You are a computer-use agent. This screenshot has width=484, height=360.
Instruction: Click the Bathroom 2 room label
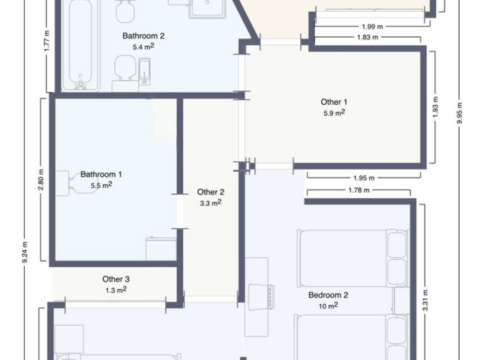pos(144,36)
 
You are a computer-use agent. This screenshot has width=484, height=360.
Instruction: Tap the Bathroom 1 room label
pos(102,174)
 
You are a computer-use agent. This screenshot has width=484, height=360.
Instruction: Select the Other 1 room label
pos(334,101)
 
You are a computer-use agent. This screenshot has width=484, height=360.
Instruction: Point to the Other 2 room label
pos(211,192)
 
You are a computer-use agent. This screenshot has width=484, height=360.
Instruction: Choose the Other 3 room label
pos(116,279)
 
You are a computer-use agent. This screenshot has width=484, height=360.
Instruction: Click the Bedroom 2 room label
pos(328,295)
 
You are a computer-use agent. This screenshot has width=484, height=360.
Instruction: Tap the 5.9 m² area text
pos(334,113)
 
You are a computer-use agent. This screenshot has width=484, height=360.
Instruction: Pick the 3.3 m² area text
pos(211,203)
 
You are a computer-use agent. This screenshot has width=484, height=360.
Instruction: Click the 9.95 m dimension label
pos(460,113)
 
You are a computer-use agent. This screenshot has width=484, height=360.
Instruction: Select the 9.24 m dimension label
pos(25,252)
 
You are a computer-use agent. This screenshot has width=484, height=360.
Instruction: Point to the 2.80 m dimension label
pos(41,179)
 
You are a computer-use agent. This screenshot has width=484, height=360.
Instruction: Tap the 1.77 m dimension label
pos(47,41)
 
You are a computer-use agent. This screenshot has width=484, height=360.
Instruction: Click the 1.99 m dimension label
pos(372,27)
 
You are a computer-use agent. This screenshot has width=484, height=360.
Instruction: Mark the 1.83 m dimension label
pos(368,37)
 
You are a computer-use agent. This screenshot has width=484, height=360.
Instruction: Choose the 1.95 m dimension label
pos(364,178)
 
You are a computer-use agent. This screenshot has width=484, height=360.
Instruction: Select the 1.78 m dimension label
pos(359,190)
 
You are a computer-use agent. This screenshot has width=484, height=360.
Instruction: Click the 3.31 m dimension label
pos(425,301)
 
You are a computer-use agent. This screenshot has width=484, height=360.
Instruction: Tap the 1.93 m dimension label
pos(435,107)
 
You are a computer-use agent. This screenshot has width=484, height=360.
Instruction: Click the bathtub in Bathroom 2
pos(80,45)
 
